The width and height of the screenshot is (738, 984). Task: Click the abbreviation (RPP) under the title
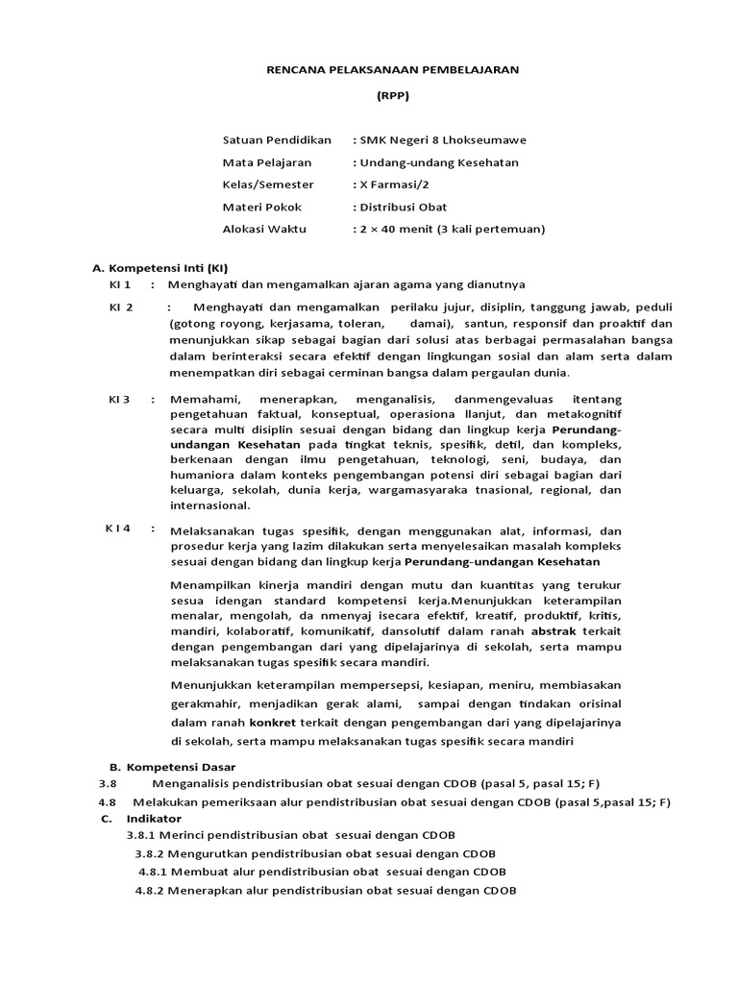pos(390,98)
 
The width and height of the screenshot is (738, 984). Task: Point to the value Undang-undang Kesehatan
pos(439,162)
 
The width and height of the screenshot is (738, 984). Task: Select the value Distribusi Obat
pos(403,207)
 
